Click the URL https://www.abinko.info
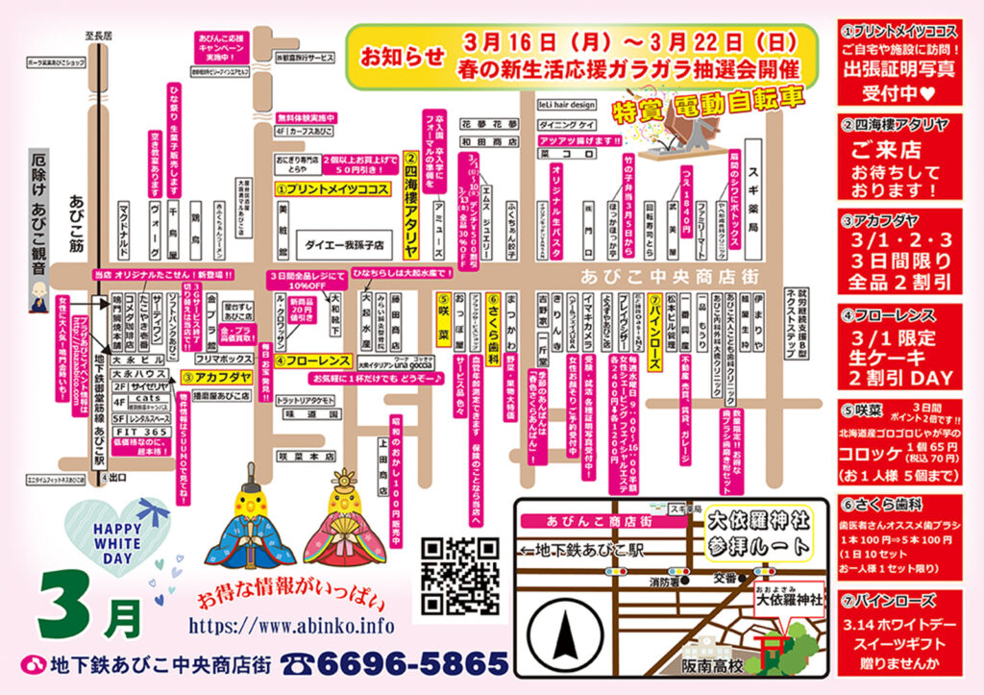[x=292, y=626]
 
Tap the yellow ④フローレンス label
[x=308, y=361]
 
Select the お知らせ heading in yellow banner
[x=390, y=56]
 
